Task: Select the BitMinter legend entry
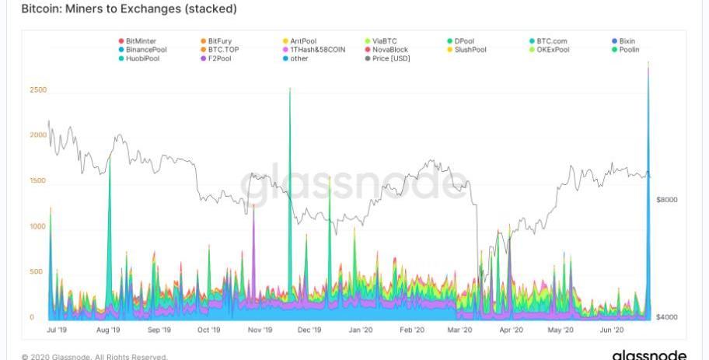(135, 40)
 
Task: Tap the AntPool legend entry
(302, 40)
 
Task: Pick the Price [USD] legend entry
(390, 58)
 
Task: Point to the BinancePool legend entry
(145, 49)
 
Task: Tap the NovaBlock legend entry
(389, 49)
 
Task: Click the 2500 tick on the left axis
(38, 90)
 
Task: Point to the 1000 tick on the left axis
(38, 227)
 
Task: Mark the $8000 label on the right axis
(667, 200)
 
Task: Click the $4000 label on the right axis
(667, 317)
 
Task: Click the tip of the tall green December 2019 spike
(290, 89)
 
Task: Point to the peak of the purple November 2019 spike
(253, 205)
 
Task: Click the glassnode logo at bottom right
(649, 355)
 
